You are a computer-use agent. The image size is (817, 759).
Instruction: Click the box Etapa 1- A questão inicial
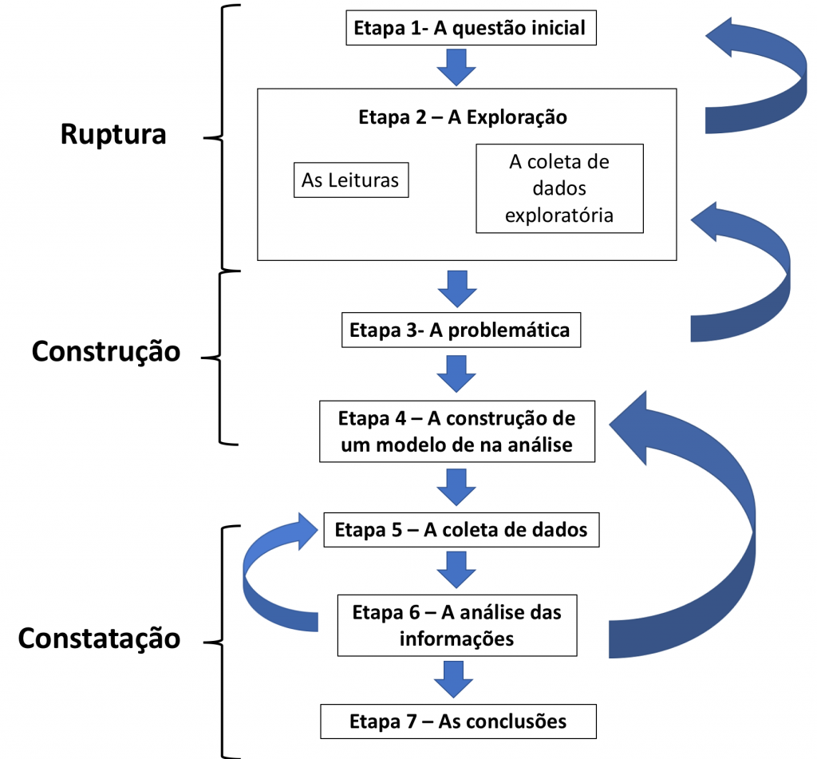471,28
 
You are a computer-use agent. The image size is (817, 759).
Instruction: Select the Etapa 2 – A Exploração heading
463,117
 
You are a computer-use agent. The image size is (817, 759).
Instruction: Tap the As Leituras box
351,180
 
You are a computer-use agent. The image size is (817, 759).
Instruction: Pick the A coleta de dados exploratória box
559,188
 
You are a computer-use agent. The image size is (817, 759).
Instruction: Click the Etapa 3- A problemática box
461,330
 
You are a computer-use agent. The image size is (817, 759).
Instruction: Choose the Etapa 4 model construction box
457,432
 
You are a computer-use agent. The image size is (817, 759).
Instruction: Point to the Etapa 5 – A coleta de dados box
461,530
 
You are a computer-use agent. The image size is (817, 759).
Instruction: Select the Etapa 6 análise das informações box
457,625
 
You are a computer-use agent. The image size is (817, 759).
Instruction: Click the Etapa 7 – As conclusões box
458,721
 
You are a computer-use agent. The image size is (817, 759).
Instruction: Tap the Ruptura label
113,135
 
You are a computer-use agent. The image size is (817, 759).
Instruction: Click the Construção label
106,351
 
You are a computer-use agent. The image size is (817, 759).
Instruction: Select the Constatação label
99,638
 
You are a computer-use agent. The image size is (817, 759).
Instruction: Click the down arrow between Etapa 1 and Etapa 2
456,67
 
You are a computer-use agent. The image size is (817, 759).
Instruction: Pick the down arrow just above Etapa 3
457,289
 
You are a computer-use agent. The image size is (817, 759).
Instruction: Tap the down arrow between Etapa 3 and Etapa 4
456,374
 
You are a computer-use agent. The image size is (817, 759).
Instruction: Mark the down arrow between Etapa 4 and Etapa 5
456,487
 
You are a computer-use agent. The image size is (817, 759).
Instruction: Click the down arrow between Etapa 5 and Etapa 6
456,570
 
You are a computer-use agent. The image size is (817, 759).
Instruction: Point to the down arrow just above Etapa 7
453,679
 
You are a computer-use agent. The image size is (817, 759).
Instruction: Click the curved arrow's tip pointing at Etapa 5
318,531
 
